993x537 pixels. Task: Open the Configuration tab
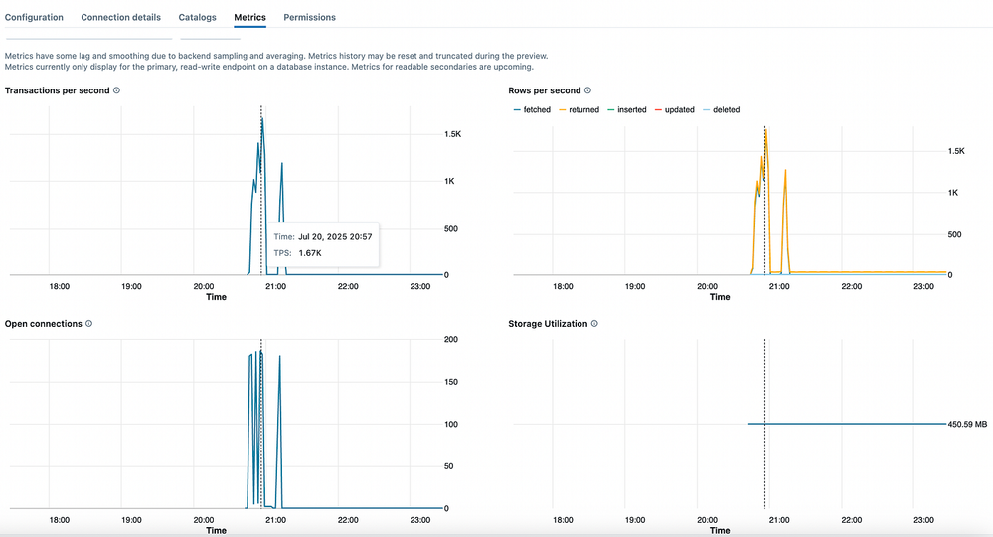pos(34,17)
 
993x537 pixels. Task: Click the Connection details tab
pos(120,17)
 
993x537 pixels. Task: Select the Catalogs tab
pos(197,17)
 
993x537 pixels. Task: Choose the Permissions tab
pos(309,17)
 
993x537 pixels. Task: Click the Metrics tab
pos(249,17)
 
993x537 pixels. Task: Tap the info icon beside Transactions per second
pos(116,90)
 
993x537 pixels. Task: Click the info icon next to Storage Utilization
pos(594,324)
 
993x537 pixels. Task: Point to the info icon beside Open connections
pos(88,324)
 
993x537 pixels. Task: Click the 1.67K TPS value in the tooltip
pos(310,253)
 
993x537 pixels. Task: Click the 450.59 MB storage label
pos(967,424)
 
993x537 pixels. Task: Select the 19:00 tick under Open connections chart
pos(131,520)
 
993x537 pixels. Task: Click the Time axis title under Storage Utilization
pos(720,531)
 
